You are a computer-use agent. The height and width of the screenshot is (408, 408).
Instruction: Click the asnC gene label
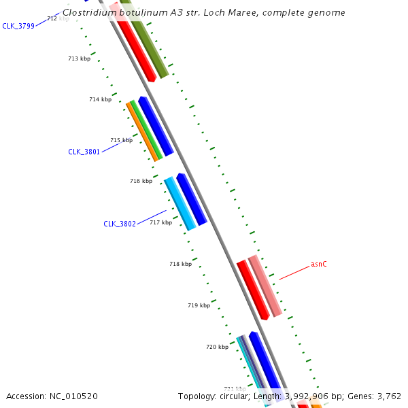tap(319, 264)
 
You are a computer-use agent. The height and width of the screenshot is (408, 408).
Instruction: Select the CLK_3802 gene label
tap(120, 224)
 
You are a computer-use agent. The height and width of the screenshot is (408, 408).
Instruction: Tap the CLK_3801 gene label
tap(84, 152)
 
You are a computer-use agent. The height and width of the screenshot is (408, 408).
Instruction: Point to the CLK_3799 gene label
tap(18, 26)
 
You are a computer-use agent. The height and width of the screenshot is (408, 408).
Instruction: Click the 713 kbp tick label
tap(79, 58)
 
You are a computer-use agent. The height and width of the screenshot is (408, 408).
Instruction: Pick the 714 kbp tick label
tap(100, 99)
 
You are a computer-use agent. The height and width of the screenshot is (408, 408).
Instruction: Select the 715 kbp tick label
tap(121, 140)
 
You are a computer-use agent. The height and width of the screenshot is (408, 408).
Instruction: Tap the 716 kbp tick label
tap(141, 181)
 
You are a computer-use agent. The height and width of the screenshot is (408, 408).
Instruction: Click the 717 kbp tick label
tap(161, 222)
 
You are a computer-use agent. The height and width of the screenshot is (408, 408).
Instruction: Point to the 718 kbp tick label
tap(180, 263)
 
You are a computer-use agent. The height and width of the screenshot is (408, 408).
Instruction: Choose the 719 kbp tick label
tap(199, 305)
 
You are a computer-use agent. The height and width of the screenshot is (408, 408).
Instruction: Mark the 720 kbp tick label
tap(217, 347)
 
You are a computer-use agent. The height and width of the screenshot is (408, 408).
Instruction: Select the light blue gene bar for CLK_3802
tap(180, 203)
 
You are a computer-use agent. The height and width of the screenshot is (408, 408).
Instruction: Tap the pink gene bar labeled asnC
tap(265, 286)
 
